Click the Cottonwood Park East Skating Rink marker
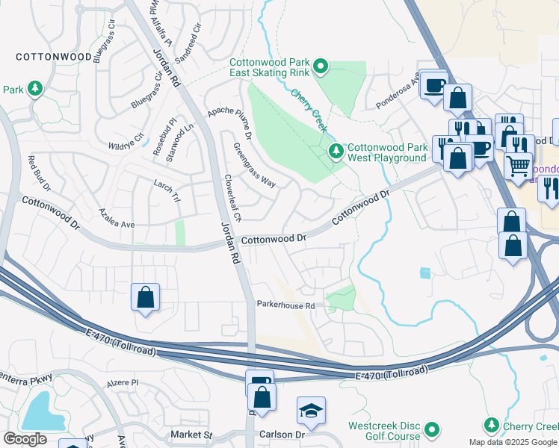click(321, 68)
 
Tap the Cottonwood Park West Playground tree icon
click(336, 152)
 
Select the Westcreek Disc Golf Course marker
click(432, 430)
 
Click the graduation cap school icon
click(311, 411)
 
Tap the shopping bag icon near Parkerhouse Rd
click(145, 297)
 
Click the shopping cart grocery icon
click(518, 165)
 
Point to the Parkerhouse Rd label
click(285, 305)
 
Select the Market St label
click(191, 435)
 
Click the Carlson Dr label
click(285, 435)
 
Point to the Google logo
click(25, 439)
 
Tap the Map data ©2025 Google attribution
click(513, 442)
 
